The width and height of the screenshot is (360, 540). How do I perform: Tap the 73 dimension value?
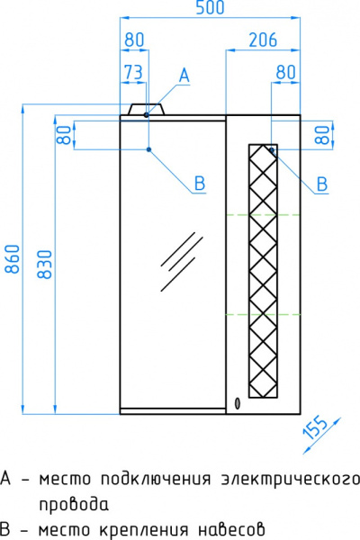coord(133,72)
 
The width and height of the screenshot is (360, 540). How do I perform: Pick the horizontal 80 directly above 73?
coord(134,40)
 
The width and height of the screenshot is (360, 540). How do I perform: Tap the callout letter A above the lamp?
coord(184,76)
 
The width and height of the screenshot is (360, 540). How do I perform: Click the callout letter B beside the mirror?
coord(200,183)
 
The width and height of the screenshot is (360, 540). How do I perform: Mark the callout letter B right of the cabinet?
coord(321,184)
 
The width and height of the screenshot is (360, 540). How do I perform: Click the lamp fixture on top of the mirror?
coord(148,111)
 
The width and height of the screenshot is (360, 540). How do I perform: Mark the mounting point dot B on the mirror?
coord(148,149)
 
